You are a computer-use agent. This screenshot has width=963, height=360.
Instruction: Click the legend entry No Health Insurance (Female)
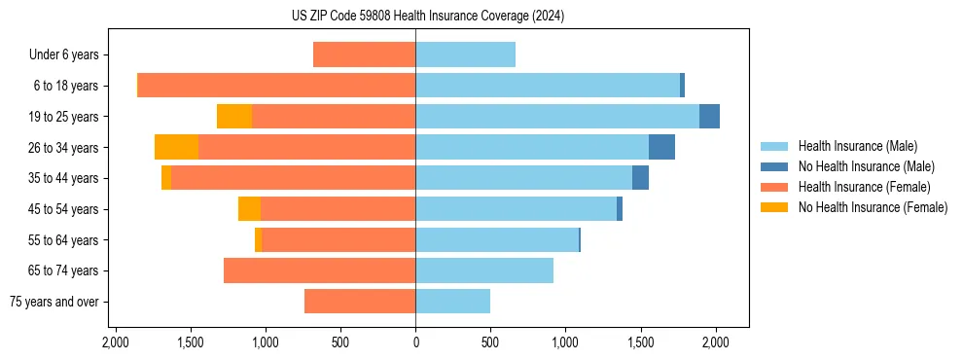[873, 207]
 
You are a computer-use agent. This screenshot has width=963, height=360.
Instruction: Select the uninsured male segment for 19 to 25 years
[709, 117]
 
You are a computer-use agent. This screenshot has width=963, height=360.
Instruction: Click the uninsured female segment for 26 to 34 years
[176, 147]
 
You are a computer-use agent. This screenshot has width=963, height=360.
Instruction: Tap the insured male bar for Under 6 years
[465, 55]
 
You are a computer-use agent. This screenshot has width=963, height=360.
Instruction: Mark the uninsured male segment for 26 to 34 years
[661, 147]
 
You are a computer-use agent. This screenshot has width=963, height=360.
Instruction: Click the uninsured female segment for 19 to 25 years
[234, 117]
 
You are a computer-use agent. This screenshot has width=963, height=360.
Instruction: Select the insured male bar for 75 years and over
[452, 302]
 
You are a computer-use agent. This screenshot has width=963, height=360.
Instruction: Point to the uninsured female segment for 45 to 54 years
[249, 209]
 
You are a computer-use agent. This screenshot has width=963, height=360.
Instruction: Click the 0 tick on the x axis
[415, 342]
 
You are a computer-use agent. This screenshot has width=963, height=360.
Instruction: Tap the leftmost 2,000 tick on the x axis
[116, 342]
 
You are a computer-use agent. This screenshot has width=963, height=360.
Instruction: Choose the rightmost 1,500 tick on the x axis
[640, 342]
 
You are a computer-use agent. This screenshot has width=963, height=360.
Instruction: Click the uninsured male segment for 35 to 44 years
[640, 178]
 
